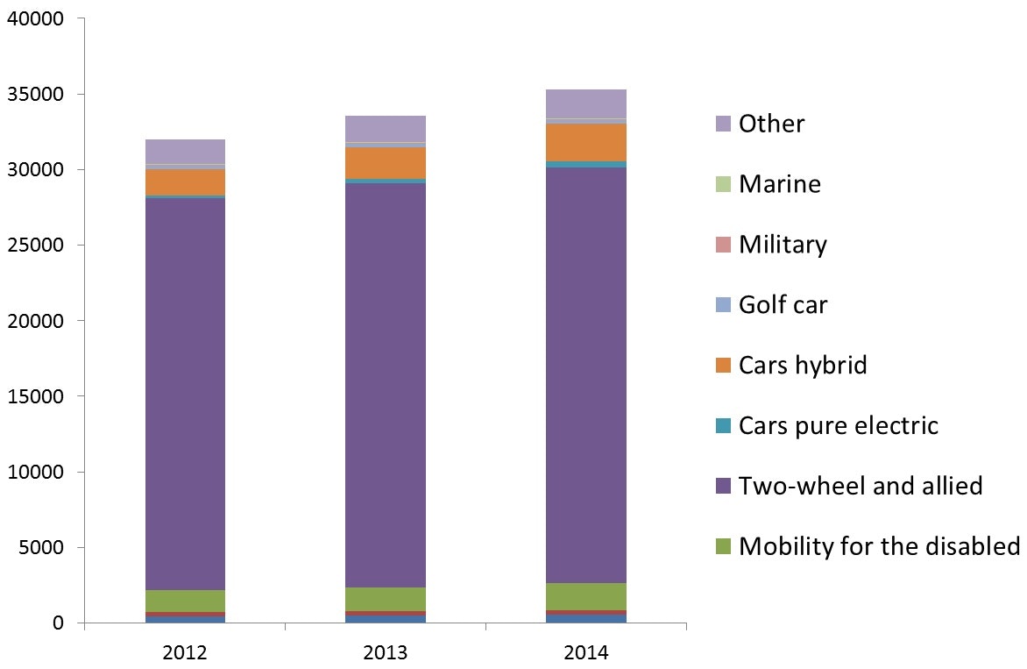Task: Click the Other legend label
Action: [771, 124]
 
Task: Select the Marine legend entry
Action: [780, 184]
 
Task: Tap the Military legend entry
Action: [783, 245]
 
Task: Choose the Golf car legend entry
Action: [783, 305]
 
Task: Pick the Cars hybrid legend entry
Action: [803, 365]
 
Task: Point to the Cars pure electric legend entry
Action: [838, 426]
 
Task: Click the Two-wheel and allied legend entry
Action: [860, 486]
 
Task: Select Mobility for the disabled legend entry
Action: [879, 546]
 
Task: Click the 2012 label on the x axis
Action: [185, 653]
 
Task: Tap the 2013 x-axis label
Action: [386, 653]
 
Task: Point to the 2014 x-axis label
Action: [586, 653]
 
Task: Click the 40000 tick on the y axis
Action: [36, 18]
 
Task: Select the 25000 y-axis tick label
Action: [36, 246]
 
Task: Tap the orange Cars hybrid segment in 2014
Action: [586, 142]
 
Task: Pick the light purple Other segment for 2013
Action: [386, 129]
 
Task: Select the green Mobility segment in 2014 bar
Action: [586, 596]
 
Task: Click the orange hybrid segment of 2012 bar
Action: [185, 181]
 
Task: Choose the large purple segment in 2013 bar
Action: [386, 386]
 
